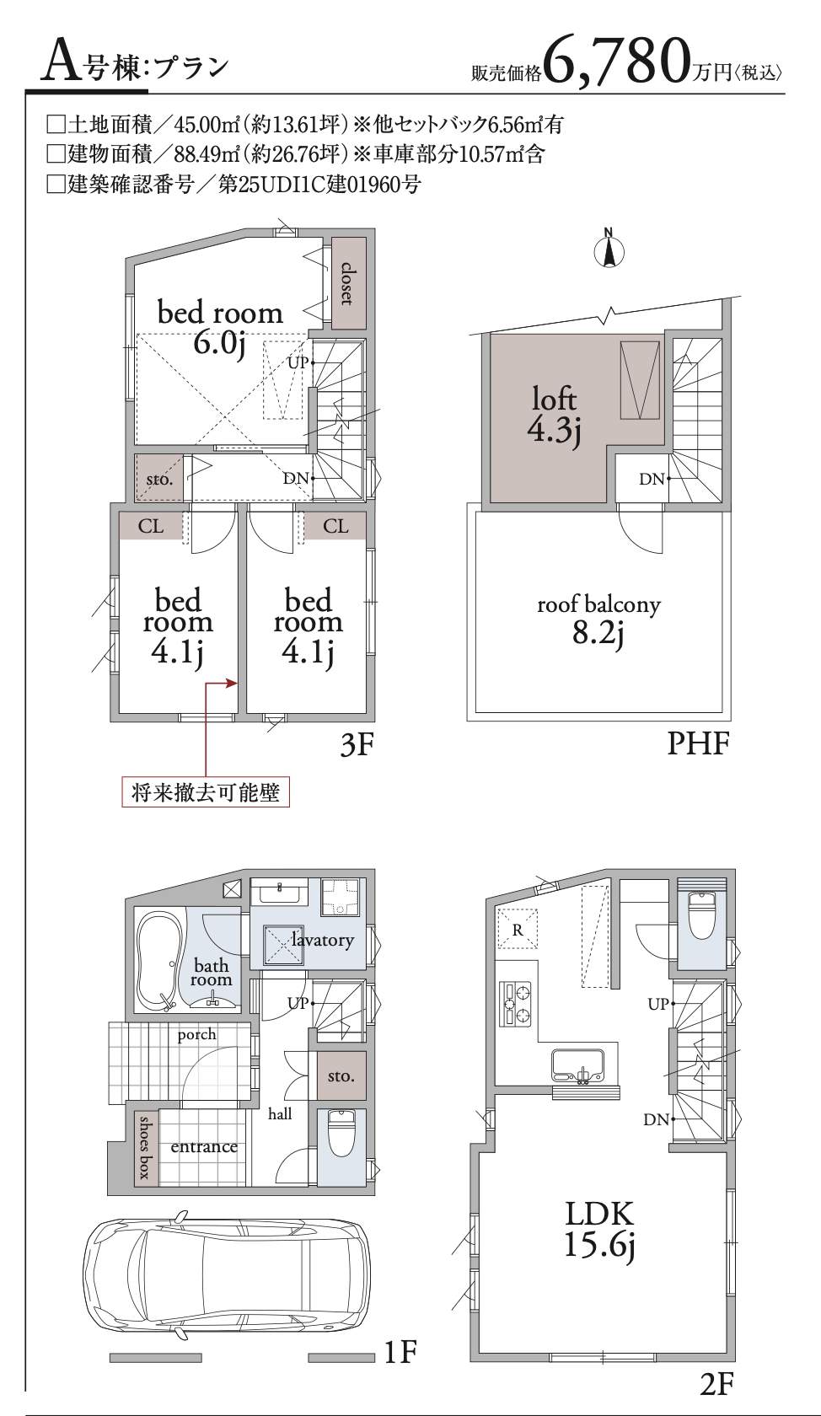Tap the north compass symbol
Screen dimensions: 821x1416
pos(609,249)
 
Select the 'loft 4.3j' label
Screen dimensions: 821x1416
pos(555,416)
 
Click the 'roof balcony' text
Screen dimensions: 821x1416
pos(598,604)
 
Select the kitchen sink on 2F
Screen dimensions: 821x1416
pos(579,1065)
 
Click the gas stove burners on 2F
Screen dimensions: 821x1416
pos(517,1004)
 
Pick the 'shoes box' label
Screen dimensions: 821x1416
pos(145,1147)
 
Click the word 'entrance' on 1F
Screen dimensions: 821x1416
pos(204,1146)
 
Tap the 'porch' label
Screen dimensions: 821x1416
pos(196,1035)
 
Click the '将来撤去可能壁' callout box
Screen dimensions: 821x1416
pos(206,792)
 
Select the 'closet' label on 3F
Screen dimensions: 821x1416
pos(347,283)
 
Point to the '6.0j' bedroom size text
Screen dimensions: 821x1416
pos(219,345)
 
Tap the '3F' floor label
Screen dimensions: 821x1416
pos(357,746)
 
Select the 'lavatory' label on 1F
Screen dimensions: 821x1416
pos(322,940)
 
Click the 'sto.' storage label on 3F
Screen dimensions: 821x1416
pos(159,480)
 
